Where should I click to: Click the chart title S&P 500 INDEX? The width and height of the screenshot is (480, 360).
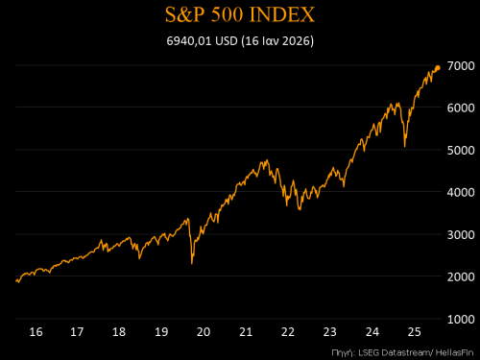coord(239,16)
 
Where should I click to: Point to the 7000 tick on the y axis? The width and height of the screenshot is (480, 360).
coord(461,65)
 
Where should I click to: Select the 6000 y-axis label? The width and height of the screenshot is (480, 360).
coord(461,108)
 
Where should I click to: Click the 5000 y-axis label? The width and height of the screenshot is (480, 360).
coord(461,150)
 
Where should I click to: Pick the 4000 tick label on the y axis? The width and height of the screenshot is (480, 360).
coord(461,192)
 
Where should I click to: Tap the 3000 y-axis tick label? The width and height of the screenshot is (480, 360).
coord(461,234)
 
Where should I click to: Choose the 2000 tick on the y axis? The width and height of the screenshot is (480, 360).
coord(461,276)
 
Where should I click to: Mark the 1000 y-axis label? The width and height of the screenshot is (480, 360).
coord(461,319)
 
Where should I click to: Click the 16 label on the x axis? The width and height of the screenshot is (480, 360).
coord(36,331)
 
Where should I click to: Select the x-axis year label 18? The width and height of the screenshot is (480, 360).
coord(120,331)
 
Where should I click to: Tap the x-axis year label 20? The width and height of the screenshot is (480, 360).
coord(204,331)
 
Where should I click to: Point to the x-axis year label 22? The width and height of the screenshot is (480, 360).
coord(287,331)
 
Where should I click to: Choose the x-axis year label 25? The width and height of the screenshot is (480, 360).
coord(413,331)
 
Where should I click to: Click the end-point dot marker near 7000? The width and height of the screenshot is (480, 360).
coord(438,67)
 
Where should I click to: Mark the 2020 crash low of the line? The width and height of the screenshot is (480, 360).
coord(192,263)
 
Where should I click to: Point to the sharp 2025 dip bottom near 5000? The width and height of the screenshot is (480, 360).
coord(404,147)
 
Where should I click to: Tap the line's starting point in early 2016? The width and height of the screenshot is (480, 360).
coord(16,281)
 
